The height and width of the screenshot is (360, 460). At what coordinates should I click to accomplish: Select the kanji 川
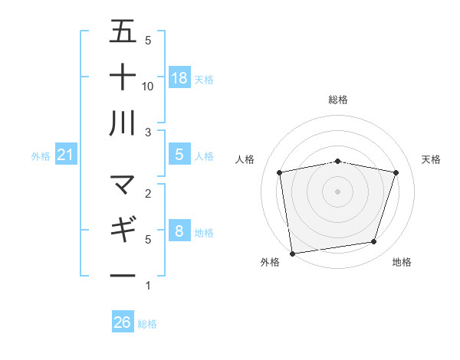[x=123, y=123]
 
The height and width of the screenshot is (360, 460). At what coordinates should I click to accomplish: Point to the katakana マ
[x=123, y=185]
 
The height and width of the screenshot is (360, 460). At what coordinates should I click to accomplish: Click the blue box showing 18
[x=179, y=77]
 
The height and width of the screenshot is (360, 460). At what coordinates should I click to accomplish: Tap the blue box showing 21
[x=66, y=155]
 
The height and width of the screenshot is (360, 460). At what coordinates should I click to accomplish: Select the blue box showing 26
[x=123, y=322]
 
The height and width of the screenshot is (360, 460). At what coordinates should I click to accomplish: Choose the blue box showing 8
[x=179, y=231]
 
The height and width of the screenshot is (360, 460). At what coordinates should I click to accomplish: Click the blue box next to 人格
[x=179, y=155]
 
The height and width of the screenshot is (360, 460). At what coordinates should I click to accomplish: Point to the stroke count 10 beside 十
[x=149, y=87]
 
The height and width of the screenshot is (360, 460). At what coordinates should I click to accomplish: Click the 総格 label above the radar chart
[x=338, y=100]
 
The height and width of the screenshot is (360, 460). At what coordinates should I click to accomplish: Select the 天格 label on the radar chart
[x=431, y=159]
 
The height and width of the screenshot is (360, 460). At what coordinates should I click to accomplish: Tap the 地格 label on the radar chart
[x=402, y=262]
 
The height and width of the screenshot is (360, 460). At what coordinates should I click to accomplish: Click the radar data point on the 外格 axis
[x=292, y=253]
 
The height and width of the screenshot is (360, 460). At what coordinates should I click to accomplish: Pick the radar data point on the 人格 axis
[x=280, y=172]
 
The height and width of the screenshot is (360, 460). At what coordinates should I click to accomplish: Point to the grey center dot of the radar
[x=338, y=191]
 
